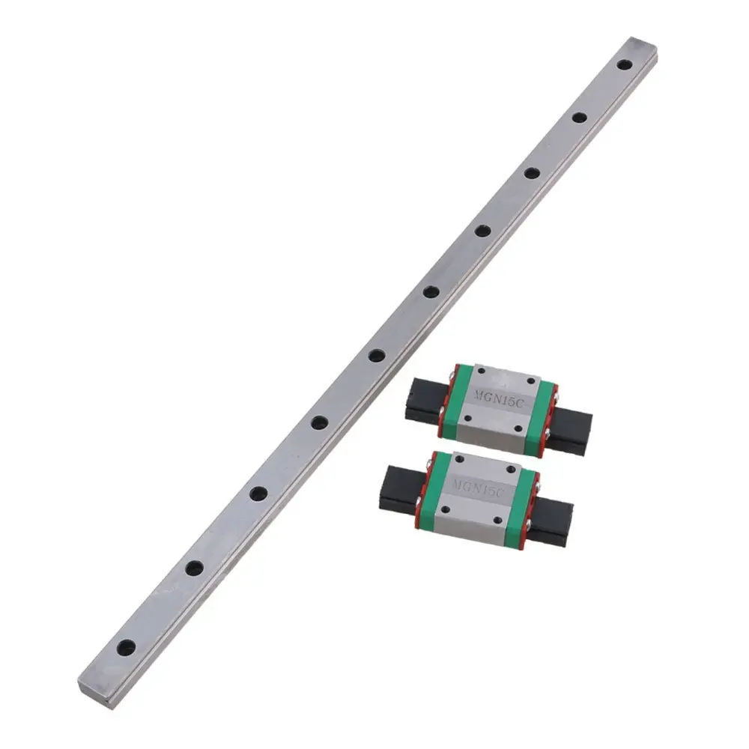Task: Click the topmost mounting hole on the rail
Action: tap(623, 64)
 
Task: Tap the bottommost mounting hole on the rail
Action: tap(126, 647)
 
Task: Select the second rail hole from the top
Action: tap(580, 117)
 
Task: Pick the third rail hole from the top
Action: tap(532, 172)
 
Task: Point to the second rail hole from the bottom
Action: tap(195, 568)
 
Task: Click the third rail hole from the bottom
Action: tap(258, 493)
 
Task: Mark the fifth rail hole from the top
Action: tap(431, 291)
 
